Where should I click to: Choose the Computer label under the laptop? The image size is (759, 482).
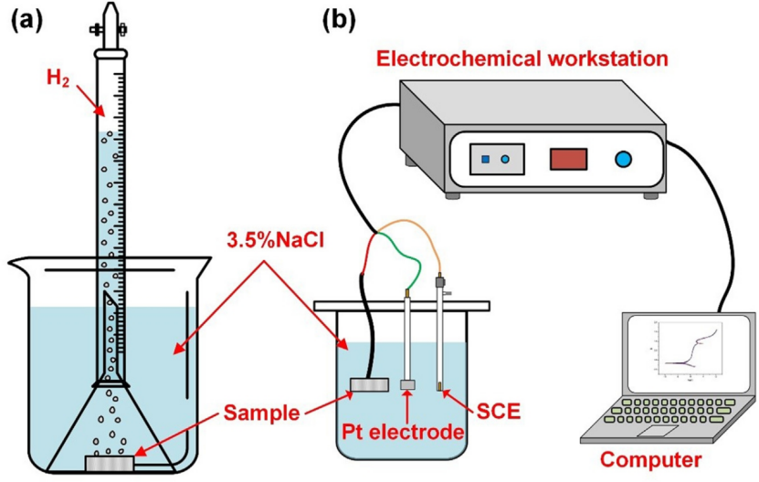[659, 459]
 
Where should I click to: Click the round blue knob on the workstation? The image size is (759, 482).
[623, 159]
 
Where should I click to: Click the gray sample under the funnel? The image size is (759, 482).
[111, 463]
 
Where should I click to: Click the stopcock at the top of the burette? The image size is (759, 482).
[109, 28]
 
